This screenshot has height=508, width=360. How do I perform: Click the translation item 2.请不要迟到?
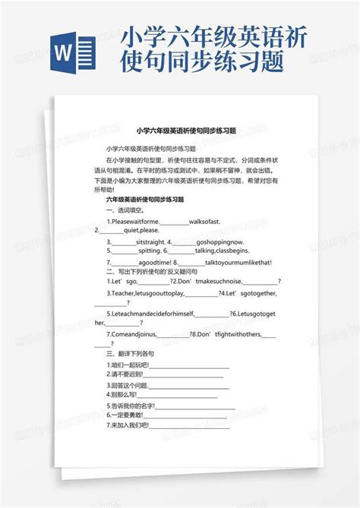point(127,374)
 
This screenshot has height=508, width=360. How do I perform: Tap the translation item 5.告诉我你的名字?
point(132,406)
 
